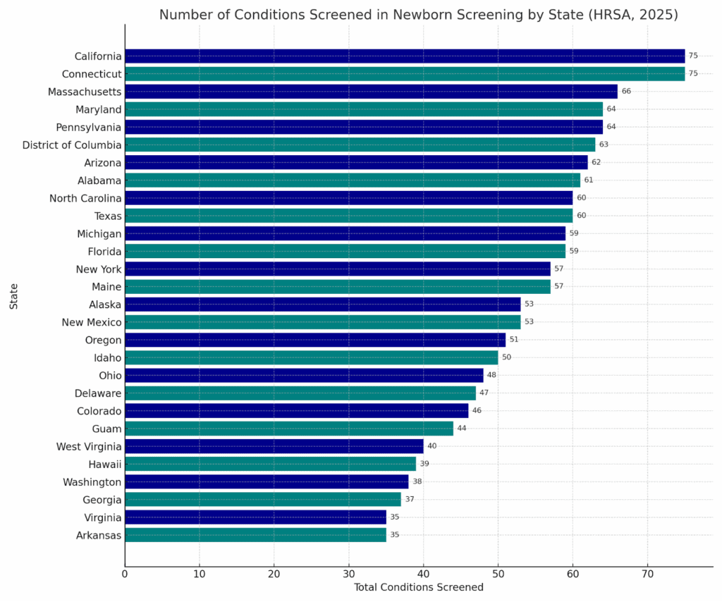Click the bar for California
[x=405, y=56]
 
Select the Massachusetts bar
[x=371, y=92]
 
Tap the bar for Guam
[x=289, y=429]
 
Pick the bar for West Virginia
[x=274, y=446]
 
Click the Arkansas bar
[x=255, y=535]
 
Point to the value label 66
[x=626, y=92]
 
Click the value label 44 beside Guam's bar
[x=462, y=429]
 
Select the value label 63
[x=604, y=145]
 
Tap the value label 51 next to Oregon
[x=514, y=340]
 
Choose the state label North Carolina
[x=85, y=198]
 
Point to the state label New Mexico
[x=92, y=322]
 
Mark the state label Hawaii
[x=105, y=464]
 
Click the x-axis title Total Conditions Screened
[x=418, y=587]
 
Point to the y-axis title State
[x=14, y=296]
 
